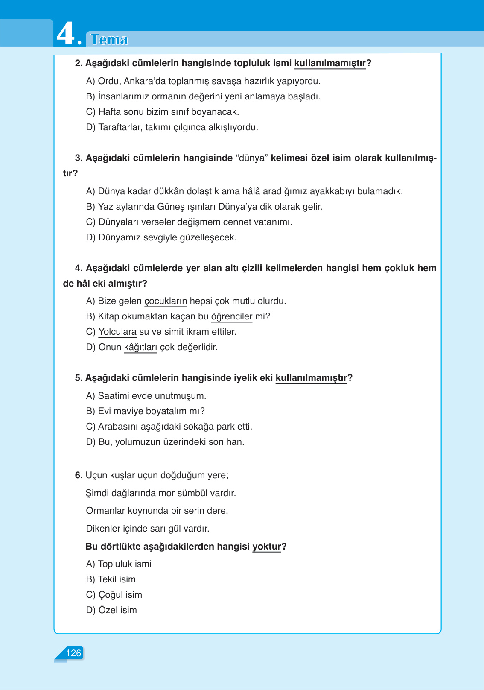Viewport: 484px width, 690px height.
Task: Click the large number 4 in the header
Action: pos(66,34)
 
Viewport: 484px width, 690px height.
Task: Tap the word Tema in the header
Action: pos(110,40)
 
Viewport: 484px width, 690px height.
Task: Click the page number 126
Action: pos(73,653)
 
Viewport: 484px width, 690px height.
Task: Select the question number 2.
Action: pos(79,63)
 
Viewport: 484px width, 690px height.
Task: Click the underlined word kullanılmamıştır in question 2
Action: pos(330,63)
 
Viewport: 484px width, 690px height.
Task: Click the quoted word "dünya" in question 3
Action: pos(252,158)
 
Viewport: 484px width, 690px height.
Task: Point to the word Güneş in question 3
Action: pos(171,207)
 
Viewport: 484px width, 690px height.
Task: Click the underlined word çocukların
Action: pos(166,301)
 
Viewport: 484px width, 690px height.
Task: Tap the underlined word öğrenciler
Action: pos(232,316)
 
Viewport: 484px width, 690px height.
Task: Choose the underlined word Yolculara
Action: pos(117,332)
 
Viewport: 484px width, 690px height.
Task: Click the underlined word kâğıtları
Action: pos(140,347)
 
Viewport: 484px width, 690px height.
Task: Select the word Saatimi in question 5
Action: pos(114,396)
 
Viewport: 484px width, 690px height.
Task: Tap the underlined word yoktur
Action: pos(266,547)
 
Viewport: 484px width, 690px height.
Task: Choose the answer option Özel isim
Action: pos(117,610)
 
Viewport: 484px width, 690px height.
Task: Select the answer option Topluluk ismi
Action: pos(124,564)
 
